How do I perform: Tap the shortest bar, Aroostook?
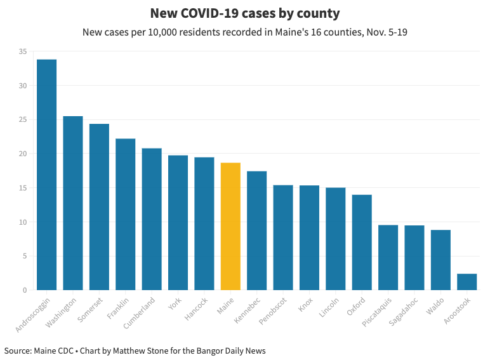(x=467, y=282)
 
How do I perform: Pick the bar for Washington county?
(x=73, y=203)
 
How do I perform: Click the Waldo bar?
(x=440, y=260)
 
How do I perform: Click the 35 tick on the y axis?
(x=23, y=51)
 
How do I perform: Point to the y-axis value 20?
(x=23, y=154)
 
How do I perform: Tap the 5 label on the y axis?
(x=25, y=257)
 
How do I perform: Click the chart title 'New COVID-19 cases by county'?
(x=244, y=13)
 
